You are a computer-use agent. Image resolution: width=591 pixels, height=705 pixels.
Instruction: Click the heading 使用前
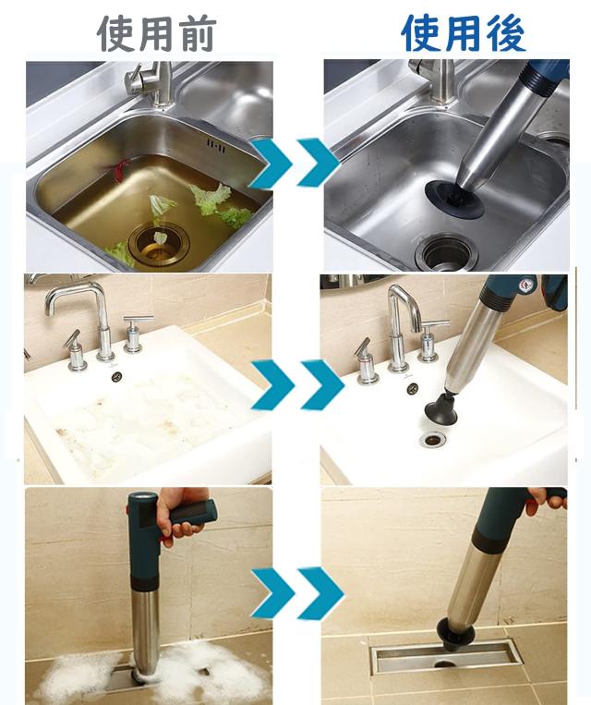156,33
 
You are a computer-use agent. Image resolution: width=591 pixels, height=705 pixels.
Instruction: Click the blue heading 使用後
463,33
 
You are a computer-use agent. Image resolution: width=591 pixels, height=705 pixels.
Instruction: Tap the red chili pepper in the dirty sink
119,171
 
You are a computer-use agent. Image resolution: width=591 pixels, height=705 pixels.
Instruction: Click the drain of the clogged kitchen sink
159,245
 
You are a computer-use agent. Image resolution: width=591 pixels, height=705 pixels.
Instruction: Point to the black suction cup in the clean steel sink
455,198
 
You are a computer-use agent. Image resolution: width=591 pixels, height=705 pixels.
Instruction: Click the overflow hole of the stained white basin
117,376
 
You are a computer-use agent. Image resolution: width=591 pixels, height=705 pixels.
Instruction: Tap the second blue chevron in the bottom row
320,593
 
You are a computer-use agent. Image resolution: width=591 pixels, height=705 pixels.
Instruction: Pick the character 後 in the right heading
506,33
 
